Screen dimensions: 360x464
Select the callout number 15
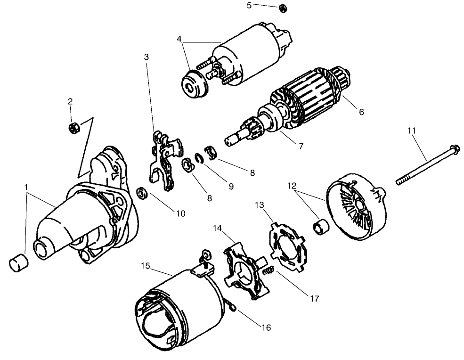(146, 266)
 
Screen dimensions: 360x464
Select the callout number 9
(230, 186)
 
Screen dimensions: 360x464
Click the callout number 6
(361, 112)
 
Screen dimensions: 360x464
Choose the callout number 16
(266, 327)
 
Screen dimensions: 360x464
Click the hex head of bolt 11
(455, 149)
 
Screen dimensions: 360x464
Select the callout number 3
(147, 57)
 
